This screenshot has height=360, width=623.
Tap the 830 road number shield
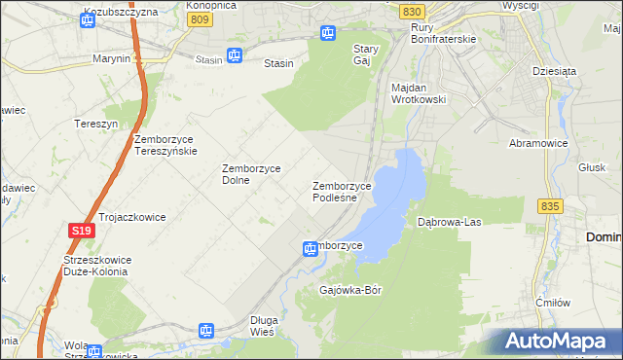411,11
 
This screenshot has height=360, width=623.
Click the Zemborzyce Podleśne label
342,192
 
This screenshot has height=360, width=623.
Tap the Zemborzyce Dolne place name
251,173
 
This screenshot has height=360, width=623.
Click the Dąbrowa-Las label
450,222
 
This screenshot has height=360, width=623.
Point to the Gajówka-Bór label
354,290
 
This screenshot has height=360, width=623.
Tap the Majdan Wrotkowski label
418,92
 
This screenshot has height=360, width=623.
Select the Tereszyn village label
95,124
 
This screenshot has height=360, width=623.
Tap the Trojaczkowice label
131,216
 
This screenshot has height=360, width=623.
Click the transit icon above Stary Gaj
328,33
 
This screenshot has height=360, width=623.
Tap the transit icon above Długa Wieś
206,331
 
